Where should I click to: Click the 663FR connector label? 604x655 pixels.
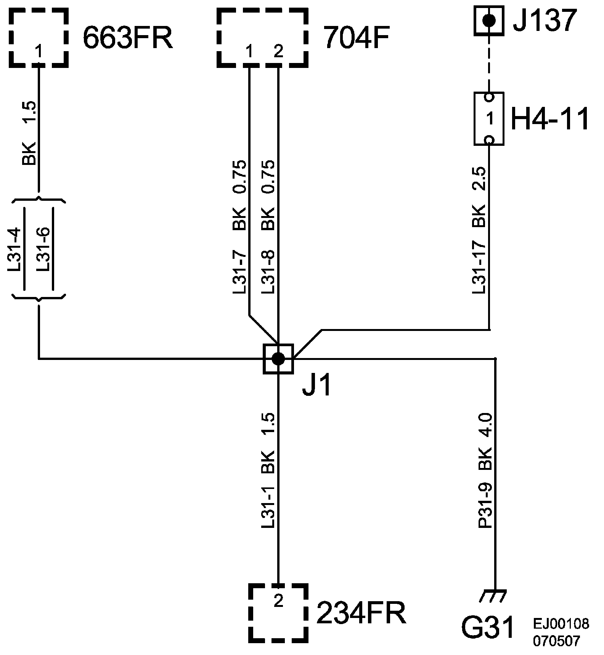(x=128, y=39)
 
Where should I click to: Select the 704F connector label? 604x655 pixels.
(x=357, y=39)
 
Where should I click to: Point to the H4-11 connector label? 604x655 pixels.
(x=549, y=119)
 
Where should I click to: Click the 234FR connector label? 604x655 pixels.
(x=361, y=613)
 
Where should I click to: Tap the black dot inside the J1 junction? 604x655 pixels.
(x=278, y=359)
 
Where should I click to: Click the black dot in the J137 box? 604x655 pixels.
(x=489, y=20)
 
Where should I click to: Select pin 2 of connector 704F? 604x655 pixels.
(x=278, y=52)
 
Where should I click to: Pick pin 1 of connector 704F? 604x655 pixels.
(x=249, y=52)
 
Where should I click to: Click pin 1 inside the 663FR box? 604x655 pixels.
(x=39, y=51)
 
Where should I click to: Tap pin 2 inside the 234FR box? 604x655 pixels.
(x=278, y=602)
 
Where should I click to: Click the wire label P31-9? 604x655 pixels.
(x=486, y=505)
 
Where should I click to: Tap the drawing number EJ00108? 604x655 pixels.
(x=561, y=624)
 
